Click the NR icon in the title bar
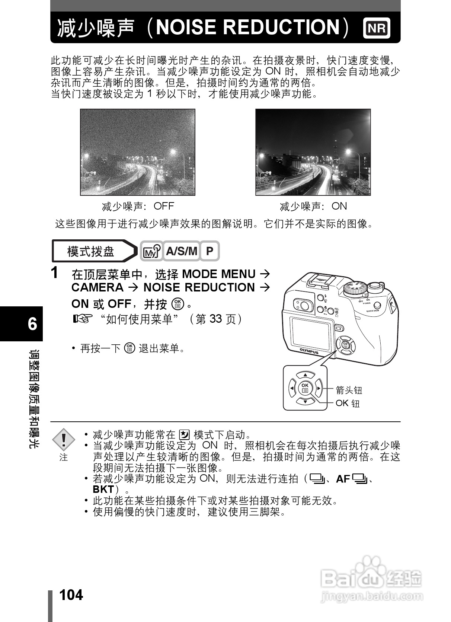[377, 28]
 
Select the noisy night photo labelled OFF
[138, 152]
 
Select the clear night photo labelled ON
[313, 152]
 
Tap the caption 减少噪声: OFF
[138, 206]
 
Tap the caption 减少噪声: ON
[313, 206]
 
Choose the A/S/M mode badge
[182, 251]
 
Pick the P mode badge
[210, 251]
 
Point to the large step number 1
[55, 273]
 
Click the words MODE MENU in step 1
[219, 274]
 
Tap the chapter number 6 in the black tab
[32, 324]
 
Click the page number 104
[71, 595]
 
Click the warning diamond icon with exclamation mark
[64, 440]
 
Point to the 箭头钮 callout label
[349, 390]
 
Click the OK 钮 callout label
[348, 403]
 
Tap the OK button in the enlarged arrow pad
[305, 388]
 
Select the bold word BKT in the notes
[103, 489]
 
